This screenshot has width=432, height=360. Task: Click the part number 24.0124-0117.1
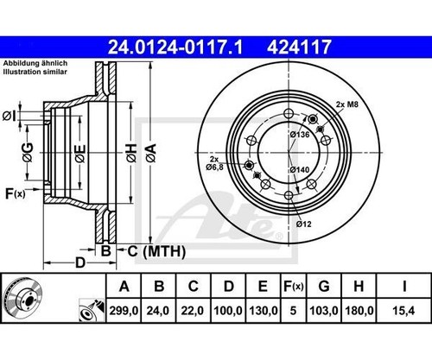coord(175,47)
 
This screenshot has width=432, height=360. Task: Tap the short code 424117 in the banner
coord(299,47)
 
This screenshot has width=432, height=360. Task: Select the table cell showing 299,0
coord(124,311)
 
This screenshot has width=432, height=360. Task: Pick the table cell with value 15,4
coord(403,311)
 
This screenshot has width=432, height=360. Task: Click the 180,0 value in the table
coord(359,311)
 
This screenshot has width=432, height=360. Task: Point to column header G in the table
coord(324,287)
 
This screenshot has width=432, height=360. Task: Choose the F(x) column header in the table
coord(293,287)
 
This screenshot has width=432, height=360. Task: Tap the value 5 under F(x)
coord(293,311)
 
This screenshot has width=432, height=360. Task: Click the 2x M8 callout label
coord(347,104)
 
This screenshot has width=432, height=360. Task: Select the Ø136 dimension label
coord(300,135)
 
